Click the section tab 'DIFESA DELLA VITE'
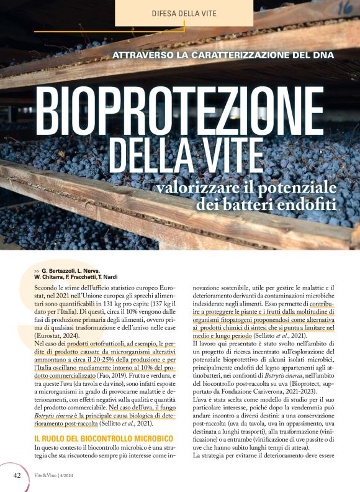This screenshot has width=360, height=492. tap(184, 13)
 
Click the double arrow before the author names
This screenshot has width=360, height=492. tap(37, 271)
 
